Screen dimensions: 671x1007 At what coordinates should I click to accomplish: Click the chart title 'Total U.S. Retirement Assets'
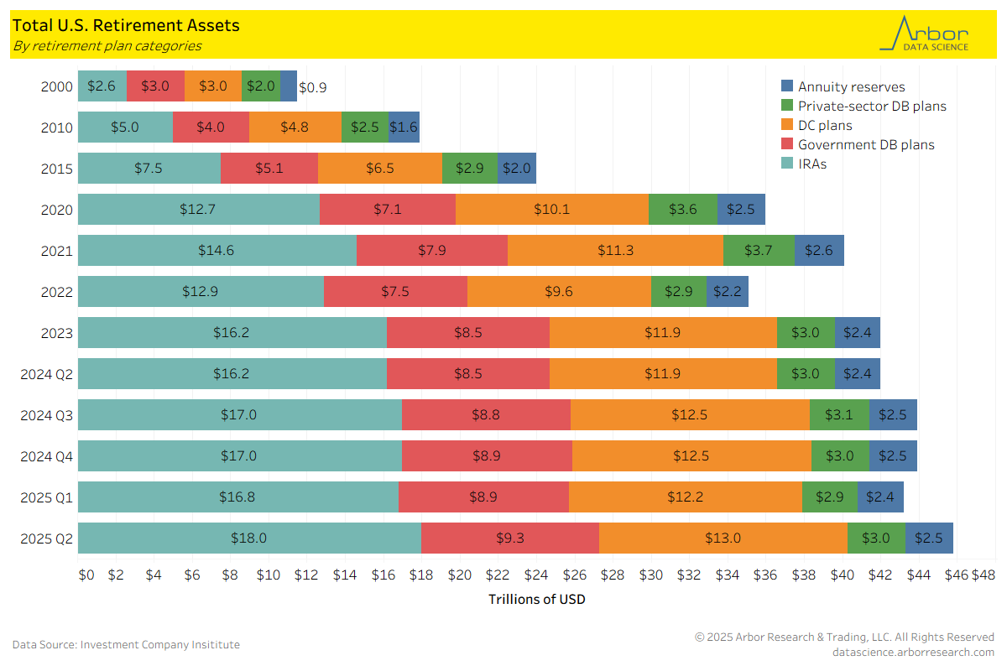point(126,26)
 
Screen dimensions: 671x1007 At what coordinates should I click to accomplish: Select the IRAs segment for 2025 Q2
point(249,538)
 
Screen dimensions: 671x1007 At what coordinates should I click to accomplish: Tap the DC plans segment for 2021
point(615,250)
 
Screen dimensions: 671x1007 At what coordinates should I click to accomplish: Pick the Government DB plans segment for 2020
point(388,209)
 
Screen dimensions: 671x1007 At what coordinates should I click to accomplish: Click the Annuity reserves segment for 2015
point(517,168)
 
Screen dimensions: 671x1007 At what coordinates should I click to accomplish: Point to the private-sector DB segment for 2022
point(679,291)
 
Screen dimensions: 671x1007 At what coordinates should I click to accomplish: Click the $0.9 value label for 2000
point(313,87)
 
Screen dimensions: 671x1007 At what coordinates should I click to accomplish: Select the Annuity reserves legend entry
point(851,86)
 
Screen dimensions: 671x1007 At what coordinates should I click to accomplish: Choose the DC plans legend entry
point(824,125)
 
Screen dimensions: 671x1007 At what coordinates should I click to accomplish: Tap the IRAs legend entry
point(811,164)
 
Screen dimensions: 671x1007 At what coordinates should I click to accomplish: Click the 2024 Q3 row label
point(47,414)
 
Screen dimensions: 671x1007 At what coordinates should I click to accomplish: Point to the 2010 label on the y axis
point(57,128)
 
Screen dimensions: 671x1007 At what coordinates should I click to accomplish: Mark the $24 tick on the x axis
point(536,575)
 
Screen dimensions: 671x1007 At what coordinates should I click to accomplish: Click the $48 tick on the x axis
point(983,575)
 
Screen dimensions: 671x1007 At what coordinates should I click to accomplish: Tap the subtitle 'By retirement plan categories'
point(107,46)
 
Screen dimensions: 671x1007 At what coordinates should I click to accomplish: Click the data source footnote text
point(126,644)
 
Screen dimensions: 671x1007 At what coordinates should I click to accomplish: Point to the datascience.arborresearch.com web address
point(913,652)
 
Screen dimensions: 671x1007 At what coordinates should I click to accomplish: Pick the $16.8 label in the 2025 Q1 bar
point(237,497)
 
